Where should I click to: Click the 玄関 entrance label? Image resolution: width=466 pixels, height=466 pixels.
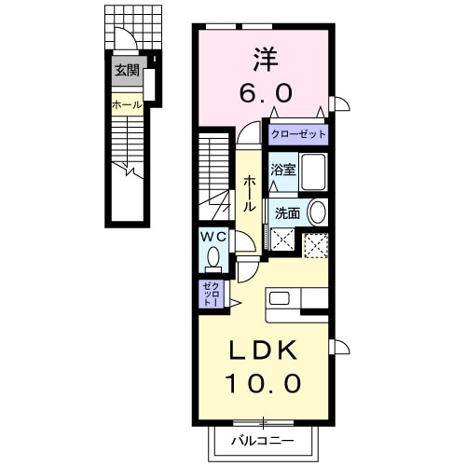tap(127, 71)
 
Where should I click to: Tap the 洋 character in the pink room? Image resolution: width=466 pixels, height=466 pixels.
tap(266, 60)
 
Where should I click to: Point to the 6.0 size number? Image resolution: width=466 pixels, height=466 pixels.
tap(266, 93)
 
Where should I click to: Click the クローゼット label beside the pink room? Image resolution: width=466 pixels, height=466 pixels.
tap(298, 134)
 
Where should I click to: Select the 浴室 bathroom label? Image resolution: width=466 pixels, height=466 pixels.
tap(282, 170)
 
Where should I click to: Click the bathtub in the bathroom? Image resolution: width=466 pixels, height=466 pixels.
tap(314, 171)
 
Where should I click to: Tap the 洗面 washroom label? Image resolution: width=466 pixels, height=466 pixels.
tap(287, 213)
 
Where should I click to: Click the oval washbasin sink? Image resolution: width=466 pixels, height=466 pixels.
tap(317, 212)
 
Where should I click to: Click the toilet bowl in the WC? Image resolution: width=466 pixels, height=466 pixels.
tap(213, 258)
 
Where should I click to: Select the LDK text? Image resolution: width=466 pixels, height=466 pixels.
tap(263, 350)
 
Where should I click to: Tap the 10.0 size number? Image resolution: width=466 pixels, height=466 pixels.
tap(263, 383)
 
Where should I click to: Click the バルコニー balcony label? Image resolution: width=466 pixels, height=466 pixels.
tap(263, 441)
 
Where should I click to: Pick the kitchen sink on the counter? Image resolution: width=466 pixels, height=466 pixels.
tap(280, 299)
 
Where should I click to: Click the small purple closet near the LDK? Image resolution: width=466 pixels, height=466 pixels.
tap(212, 295)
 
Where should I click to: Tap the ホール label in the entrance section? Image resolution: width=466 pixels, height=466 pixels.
tap(127, 105)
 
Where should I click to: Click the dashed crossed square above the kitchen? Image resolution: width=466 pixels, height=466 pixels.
tap(316, 246)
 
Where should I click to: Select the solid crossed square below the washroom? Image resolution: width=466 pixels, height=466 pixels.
tap(282, 239)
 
